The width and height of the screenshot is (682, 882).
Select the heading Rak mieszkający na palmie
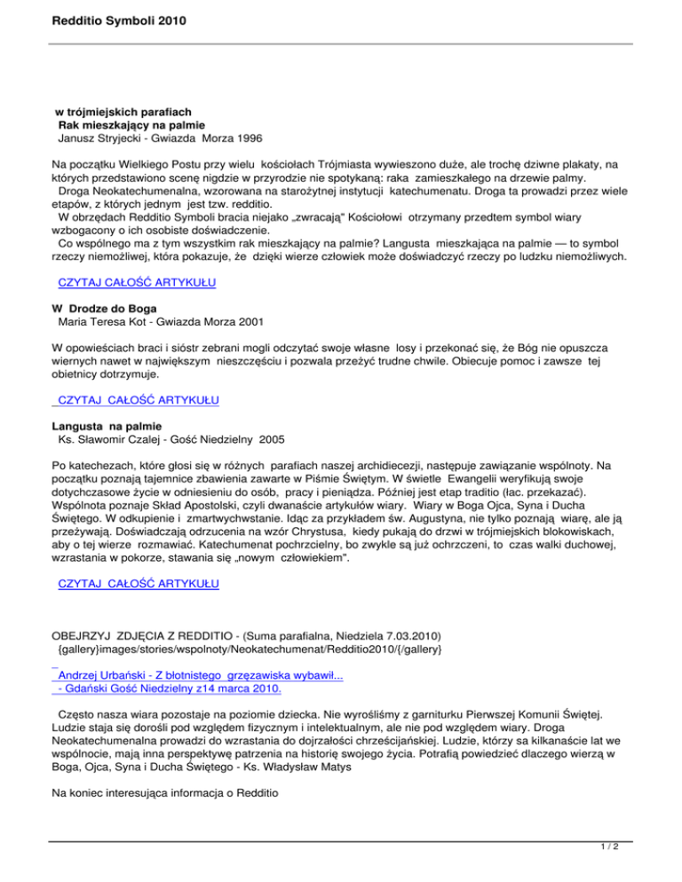[125, 125]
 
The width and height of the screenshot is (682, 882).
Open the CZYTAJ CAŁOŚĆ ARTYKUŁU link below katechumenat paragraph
[137, 587]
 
